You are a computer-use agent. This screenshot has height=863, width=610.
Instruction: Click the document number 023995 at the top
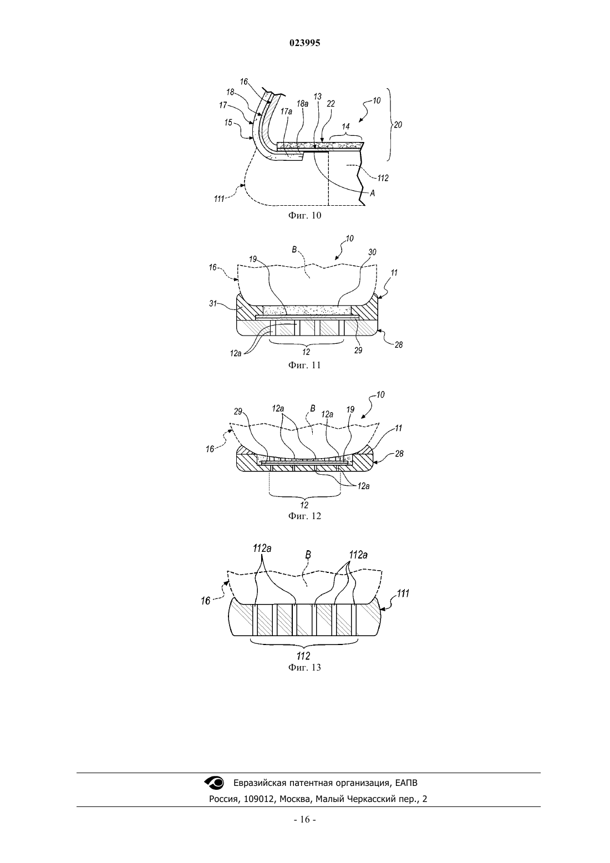coord(304,43)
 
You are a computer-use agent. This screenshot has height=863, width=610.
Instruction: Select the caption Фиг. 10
coord(304,215)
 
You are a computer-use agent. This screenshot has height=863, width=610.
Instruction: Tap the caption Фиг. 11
coord(304,365)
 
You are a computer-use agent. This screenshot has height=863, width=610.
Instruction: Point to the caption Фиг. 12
coord(304,516)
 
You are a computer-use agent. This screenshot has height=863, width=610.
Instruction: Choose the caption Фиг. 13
coord(304,667)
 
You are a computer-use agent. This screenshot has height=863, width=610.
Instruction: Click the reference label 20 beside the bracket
coord(398,125)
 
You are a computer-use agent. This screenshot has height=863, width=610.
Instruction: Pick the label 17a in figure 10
coord(286,111)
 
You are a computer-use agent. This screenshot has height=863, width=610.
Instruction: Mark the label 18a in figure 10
coord(302,104)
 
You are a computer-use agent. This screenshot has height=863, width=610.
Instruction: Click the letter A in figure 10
coord(373,194)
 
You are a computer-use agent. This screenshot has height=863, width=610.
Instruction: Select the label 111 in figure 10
coord(219,199)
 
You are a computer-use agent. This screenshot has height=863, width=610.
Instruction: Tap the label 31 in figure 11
coord(213,303)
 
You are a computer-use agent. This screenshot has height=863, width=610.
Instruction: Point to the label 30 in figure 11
coord(373,252)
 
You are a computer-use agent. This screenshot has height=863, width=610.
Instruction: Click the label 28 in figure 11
coord(399,345)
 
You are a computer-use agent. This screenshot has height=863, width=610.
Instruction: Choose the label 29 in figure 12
coord(238,412)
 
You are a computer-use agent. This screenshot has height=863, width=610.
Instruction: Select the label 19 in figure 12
coord(350,409)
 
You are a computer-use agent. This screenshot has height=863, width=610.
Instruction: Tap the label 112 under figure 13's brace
coord(304,656)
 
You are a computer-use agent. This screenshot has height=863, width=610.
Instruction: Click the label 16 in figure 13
coord(206,601)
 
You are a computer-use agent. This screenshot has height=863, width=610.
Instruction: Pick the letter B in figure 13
coord(308,555)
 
